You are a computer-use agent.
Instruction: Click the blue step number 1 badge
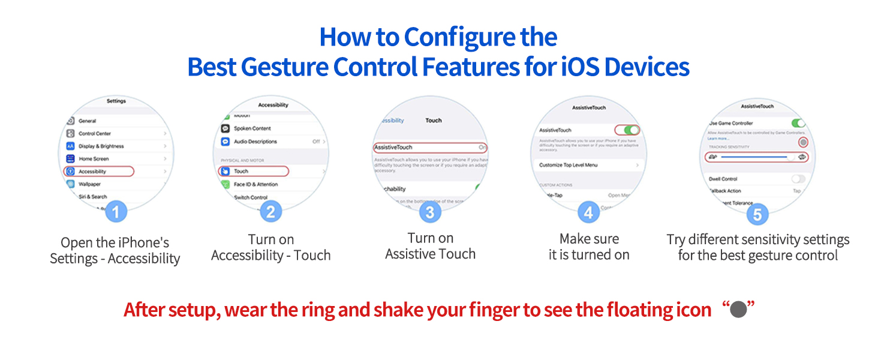[x=116, y=211]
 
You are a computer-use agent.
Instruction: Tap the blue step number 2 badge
[x=270, y=211]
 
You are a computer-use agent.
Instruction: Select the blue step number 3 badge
[x=429, y=212]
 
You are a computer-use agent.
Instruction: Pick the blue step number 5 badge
[x=757, y=214]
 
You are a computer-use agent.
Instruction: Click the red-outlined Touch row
[x=253, y=172]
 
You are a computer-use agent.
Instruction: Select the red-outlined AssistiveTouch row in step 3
[x=429, y=147]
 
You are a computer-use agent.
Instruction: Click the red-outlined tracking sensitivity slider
[x=756, y=157]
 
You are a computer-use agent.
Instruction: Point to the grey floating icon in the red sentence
[x=738, y=310]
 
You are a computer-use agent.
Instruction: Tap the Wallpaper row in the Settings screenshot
[x=90, y=184]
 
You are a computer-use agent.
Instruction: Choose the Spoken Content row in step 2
[x=252, y=128]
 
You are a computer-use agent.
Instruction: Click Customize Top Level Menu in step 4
[x=568, y=165]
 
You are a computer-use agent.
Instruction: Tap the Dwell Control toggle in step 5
[x=798, y=179]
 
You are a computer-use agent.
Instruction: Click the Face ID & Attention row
[x=255, y=184]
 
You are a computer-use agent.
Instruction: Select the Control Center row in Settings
[x=95, y=134]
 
